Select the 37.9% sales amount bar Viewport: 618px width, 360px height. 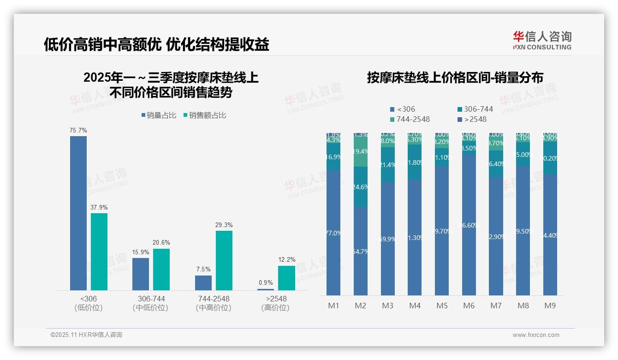pos(99,252)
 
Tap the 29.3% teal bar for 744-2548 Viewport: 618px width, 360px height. pos(224,260)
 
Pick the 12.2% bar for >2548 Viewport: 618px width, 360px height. pos(286,278)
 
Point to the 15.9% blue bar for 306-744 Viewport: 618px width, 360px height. pos(141,274)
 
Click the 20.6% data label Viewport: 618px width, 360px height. pos(161,243)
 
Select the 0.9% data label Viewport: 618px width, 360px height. pos(266,283)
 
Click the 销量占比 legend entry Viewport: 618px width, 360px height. pos(159,115)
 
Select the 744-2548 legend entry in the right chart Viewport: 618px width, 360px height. pos(410,120)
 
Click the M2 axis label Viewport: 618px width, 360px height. pos(361,306)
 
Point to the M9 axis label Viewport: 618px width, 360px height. pos(550,306)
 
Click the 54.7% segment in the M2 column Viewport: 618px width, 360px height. pos(361,251)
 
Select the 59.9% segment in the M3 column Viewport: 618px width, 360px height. pos(388,239)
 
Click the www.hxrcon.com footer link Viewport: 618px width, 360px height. pos(536,335)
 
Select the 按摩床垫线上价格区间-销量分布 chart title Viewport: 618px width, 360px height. pos(455,78)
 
